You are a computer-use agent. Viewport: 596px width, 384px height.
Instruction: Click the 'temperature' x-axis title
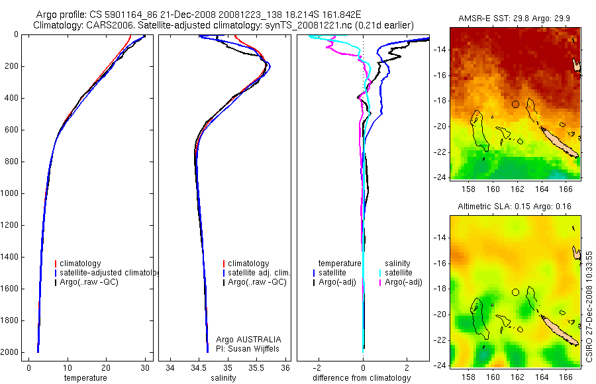85,378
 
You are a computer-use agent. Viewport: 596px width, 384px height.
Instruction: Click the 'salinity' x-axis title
224,378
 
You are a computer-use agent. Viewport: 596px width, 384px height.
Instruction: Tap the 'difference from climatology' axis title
362,378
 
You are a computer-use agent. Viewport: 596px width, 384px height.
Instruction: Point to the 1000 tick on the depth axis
10,193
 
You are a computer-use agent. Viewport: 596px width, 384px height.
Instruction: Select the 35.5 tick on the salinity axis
256,367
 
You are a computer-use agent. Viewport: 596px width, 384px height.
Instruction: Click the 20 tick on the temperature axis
106,367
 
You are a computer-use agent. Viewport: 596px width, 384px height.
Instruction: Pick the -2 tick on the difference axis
317,367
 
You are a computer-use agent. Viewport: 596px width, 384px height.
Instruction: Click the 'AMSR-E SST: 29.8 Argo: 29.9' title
515,19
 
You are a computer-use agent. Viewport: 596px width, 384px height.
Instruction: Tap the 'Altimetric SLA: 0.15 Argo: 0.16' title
515,207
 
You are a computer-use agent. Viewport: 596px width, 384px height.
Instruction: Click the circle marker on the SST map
515,104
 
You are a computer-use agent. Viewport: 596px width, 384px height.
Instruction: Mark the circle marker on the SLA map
515,293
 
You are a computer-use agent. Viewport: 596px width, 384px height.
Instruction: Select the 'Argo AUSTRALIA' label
248,339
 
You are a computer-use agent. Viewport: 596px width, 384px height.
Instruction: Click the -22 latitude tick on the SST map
440,152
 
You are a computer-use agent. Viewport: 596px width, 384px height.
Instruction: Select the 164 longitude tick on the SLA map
542,377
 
